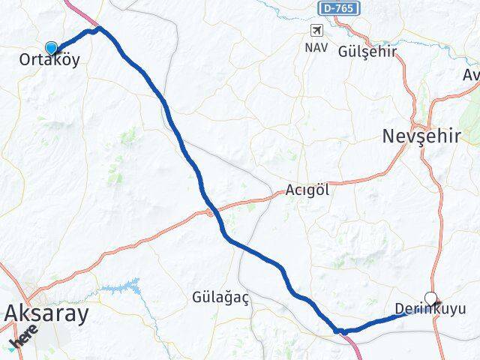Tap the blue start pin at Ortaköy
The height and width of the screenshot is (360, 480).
pyautogui.click(x=51, y=48)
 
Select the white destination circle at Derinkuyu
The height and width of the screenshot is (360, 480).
pyautogui.click(x=430, y=297)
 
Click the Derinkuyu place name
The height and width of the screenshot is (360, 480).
pyautogui.click(x=430, y=309)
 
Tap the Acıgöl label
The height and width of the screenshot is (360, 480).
pyautogui.click(x=307, y=190)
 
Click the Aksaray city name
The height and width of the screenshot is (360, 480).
pyautogui.click(x=46, y=313)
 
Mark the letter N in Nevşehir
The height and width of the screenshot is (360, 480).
pyautogui.click(x=390, y=136)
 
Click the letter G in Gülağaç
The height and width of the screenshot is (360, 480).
pyautogui.click(x=198, y=297)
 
